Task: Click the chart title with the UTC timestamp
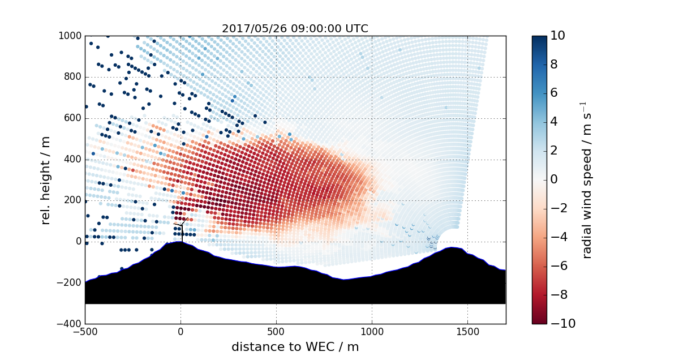tap(295, 29)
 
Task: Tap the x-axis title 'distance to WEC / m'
tap(295, 347)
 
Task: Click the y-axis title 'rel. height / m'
tap(46, 179)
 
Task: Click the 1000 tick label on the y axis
tap(70, 36)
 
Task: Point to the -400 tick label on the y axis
tap(70, 324)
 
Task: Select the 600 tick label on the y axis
tap(72, 118)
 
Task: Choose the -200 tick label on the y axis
tap(70, 283)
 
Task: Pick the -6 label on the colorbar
tap(560, 266)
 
